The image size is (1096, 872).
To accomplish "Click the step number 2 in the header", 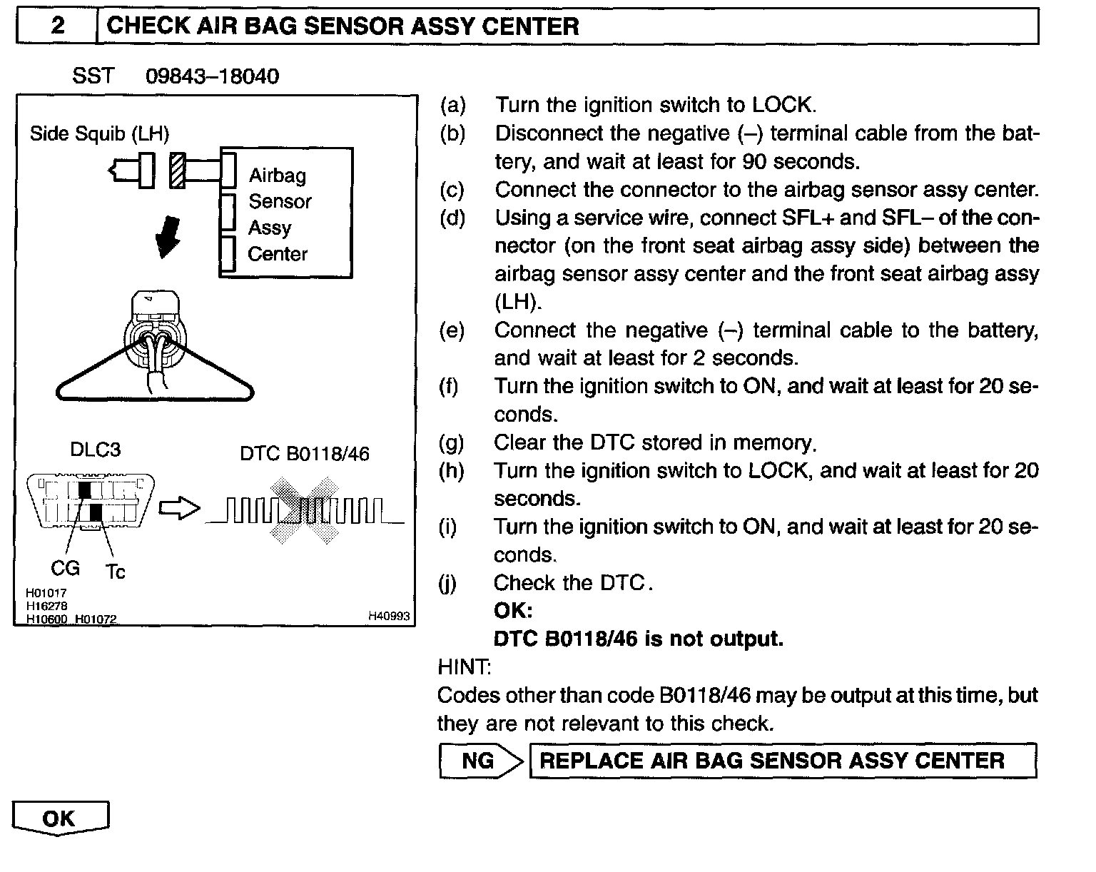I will coord(57,26).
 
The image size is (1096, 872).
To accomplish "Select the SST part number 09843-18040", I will coord(212,76).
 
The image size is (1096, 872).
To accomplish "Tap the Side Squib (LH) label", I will coord(99,133).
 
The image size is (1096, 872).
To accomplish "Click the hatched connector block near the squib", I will coord(177,171).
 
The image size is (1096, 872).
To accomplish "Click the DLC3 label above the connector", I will coord(95,450).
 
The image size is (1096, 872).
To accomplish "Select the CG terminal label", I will coord(65,569).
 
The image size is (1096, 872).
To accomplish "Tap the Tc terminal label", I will coord(115,572).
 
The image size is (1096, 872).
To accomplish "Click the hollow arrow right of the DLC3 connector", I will coord(179,509).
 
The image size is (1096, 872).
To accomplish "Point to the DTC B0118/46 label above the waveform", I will coord(305,454).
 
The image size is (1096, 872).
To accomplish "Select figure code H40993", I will coord(389,616).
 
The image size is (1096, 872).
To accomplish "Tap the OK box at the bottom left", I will coord(60,818).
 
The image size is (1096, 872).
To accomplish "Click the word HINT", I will coord(463,667).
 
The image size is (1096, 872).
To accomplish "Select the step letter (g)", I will coord(452,443).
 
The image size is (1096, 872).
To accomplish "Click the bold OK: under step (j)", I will coord(513,611).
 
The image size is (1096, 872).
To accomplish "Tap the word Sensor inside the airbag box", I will coord(280,202).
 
